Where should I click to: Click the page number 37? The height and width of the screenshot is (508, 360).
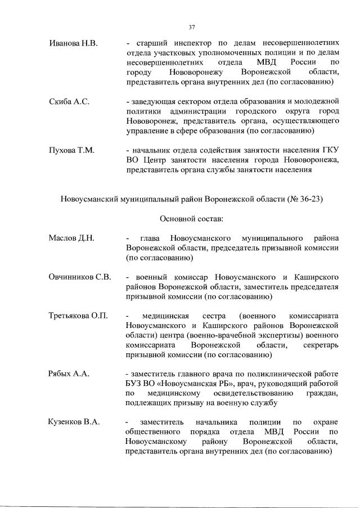(x=191, y=26)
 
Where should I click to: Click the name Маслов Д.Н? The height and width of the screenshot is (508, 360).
(x=71, y=238)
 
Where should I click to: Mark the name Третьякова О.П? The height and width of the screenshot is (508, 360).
(x=78, y=316)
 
